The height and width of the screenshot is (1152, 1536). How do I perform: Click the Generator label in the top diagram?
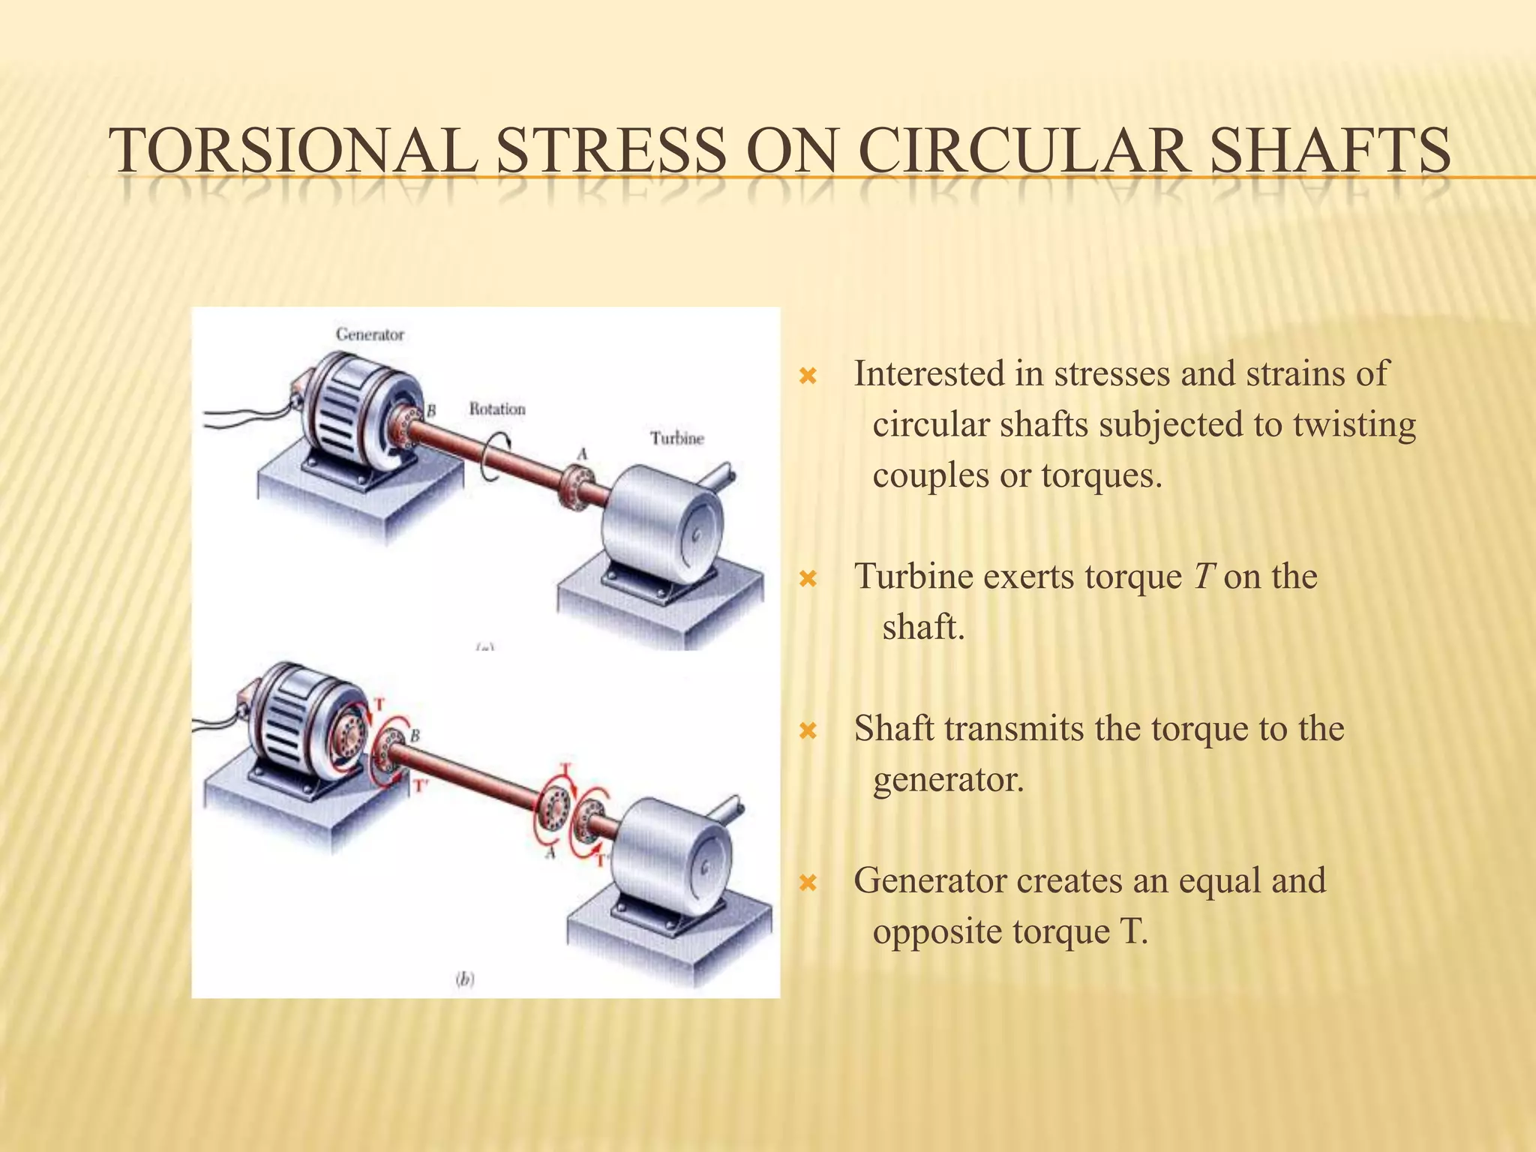(370, 334)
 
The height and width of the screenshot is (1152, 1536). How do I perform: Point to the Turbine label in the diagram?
(676, 439)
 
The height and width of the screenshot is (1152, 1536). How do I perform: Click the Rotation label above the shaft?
(497, 409)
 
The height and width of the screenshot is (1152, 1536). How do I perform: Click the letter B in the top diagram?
(431, 411)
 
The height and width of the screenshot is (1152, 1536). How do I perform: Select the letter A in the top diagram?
(581, 454)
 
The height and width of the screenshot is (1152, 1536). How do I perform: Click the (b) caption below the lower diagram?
(465, 978)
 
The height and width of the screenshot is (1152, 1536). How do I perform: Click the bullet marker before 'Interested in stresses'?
(808, 376)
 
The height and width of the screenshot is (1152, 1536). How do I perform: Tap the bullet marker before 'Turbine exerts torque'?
(808, 578)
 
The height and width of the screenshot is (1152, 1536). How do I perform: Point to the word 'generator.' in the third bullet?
(948, 780)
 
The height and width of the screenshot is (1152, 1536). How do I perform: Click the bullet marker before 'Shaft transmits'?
(808, 730)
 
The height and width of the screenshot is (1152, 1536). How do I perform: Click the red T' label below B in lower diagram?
(421, 786)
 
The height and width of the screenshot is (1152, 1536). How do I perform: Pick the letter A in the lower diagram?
(550, 853)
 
